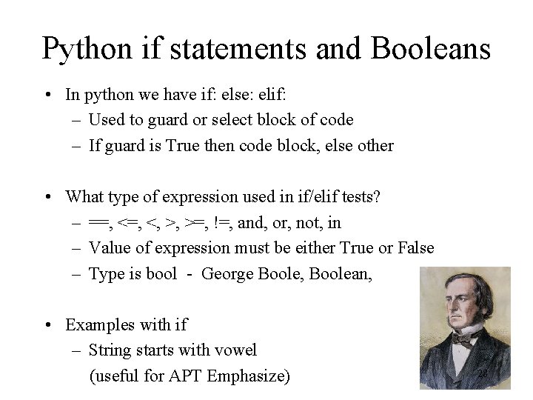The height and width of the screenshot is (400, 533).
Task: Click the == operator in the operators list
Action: [x=98, y=223]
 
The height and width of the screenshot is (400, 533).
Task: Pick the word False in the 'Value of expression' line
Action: [x=413, y=248]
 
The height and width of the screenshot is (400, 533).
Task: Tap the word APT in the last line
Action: [x=185, y=376]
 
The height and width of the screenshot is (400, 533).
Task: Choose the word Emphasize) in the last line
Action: [x=249, y=376]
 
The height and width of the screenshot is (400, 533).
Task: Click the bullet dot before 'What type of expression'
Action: [x=47, y=197]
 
